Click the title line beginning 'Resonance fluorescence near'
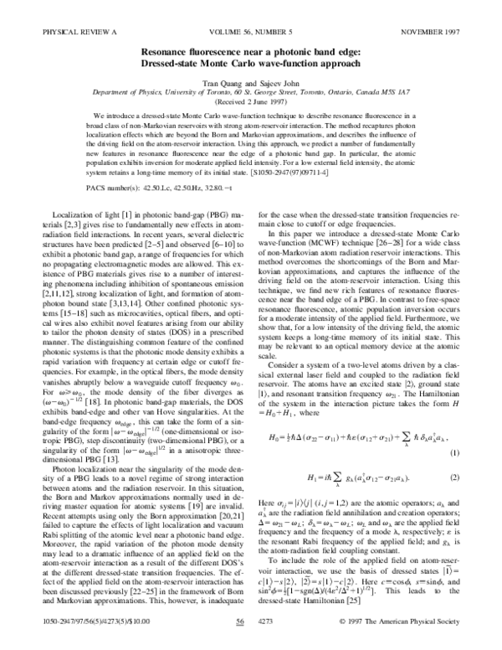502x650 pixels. [x=250, y=50]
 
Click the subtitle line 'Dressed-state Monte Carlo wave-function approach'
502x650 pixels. [x=250, y=62]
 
